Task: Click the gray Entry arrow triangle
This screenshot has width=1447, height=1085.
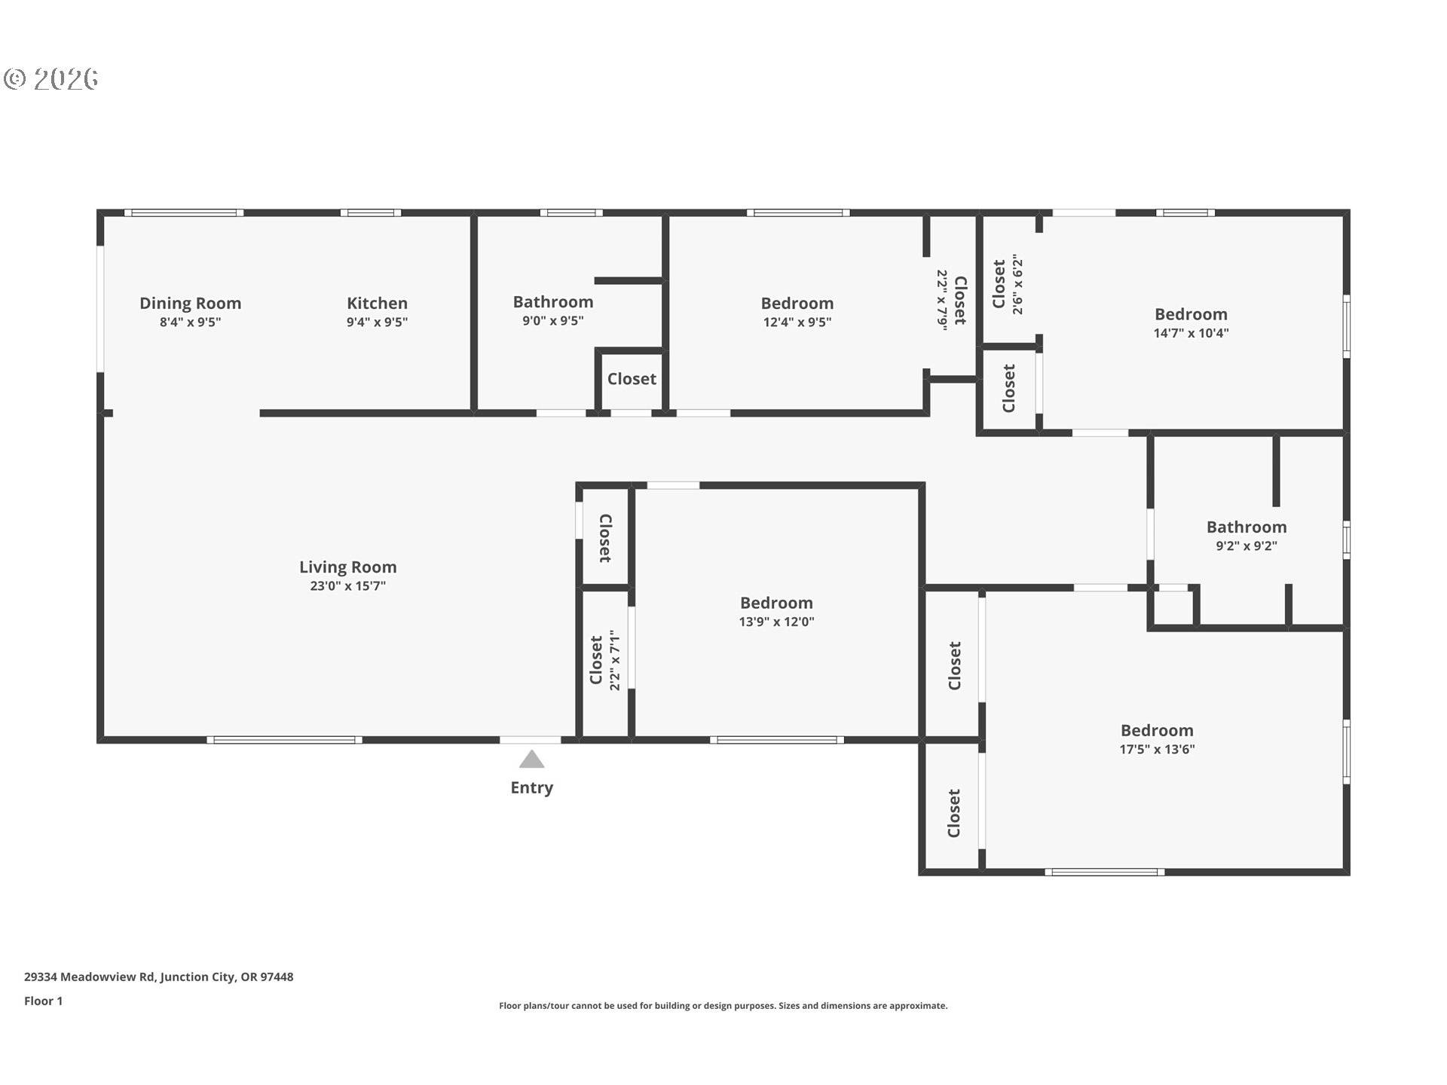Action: click(531, 759)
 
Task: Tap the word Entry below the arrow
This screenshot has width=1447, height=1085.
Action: click(531, 787)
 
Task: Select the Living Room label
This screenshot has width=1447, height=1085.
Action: click(347, 567)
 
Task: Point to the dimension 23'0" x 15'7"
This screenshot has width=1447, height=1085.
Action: click(347, 586)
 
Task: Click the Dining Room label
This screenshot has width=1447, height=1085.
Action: click(190, 303)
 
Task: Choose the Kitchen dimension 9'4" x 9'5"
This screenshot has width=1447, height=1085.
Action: click(377, 322)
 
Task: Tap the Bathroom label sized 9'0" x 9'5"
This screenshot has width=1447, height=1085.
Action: click(552, 301)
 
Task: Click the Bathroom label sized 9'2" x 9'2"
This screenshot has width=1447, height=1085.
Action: click(1246, 527)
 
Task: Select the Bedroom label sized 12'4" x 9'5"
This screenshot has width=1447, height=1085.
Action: click(797, 303)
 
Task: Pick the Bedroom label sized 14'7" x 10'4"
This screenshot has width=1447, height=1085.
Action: click(1191, 313)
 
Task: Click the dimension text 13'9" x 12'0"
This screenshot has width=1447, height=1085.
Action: click(776, 622)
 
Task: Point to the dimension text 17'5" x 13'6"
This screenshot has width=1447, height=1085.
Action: click(1157, 749)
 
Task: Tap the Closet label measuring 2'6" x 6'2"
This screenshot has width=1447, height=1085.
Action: click(999, 284)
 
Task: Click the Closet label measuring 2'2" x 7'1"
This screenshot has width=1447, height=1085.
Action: click(596, 660)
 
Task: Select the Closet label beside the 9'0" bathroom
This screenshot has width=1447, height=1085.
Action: click(632, 379)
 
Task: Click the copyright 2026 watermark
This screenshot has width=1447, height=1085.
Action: click(51, 78)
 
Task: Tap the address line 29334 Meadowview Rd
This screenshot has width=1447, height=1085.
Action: click(158, 976)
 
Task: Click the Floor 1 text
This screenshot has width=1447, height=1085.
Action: click(43, 1001)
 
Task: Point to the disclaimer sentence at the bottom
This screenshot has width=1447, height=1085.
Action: click(723, 1006)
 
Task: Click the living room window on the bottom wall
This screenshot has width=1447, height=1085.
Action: click(284, 740)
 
